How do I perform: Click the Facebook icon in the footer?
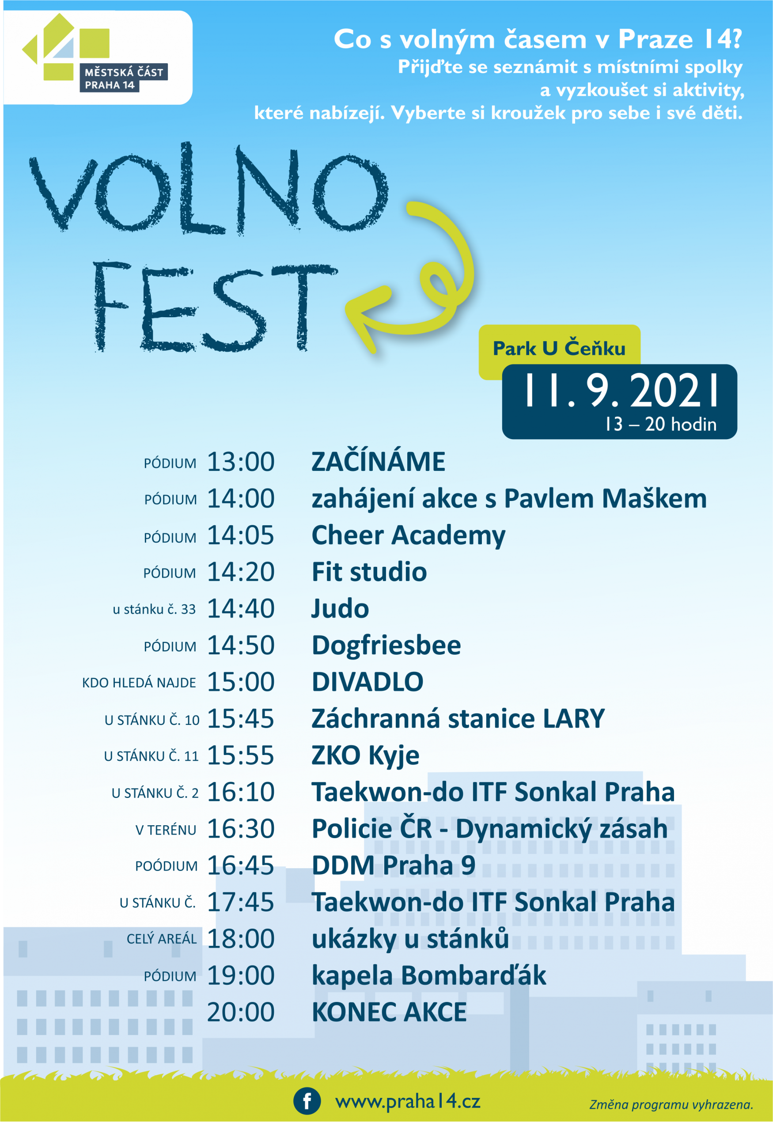(307, 1101)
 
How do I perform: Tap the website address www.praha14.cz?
(408, 1101)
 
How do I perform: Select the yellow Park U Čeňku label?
(559, 348)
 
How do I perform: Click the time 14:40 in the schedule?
(241, 608)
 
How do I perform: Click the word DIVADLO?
(367, 682)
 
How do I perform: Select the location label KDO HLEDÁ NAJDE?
(139, 683)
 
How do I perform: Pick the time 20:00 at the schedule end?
(241, 1012)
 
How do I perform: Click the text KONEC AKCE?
(389, 1012)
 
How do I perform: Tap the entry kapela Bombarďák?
(429, 976)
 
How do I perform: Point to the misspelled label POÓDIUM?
(167, 866)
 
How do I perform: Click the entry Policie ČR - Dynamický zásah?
(490, 829)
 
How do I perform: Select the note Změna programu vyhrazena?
(671, 1105)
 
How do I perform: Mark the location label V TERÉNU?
(166, 830)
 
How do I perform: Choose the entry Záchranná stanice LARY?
(458, 719)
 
